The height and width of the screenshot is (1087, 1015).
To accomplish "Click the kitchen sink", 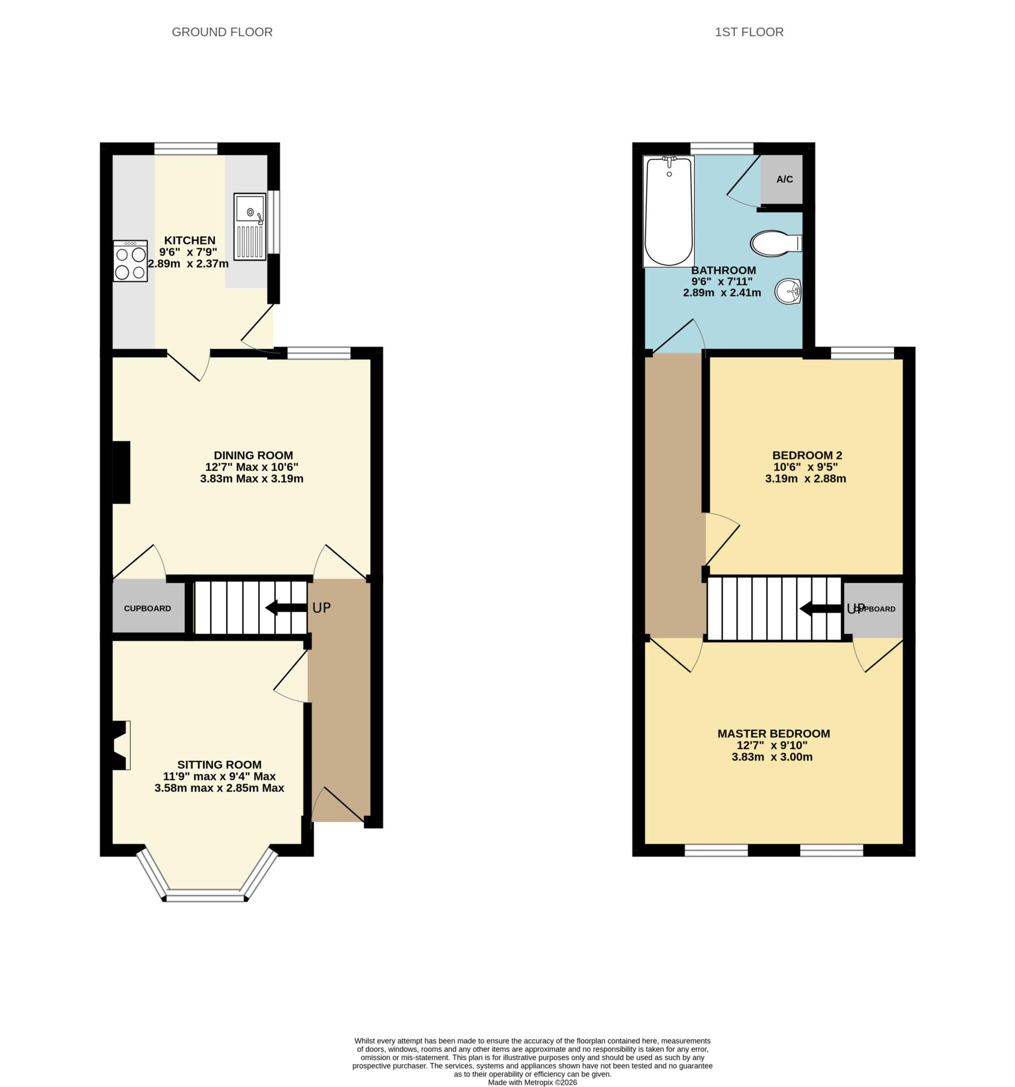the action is point(249,226).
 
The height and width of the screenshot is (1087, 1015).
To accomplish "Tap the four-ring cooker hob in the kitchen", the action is point(130,261).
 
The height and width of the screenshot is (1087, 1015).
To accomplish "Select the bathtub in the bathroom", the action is point(669,211).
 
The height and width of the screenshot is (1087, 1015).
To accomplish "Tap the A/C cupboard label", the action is point(784,179).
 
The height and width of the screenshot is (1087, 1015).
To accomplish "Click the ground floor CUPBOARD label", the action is point(147,608).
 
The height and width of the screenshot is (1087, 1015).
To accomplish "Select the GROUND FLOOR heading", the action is point(222,32).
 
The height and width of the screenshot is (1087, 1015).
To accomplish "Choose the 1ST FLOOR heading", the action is point(749,32).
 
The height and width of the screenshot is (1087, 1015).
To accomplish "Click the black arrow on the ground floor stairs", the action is point(286,608).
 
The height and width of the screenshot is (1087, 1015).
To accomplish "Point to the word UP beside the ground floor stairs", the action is point(322,608).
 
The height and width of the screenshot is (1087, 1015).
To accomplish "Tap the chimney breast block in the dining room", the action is point(122,472).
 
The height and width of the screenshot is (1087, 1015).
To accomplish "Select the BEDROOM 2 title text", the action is point(807,455).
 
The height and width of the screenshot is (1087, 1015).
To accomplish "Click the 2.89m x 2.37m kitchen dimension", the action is point(188,264).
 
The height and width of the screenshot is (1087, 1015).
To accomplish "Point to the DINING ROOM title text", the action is point(253,455).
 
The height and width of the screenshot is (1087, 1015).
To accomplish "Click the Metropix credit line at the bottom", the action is point(532,1082).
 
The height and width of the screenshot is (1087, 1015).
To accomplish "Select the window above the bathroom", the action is point(722,148).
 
